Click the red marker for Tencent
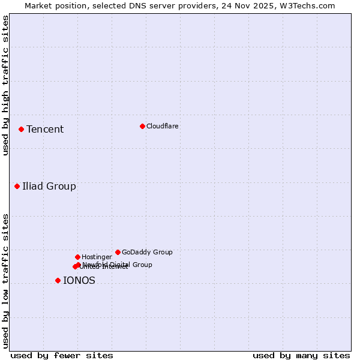click(21, 129)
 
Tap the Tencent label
click(45, 130)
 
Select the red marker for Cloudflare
click(142, 126)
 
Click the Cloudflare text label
click(162, 126)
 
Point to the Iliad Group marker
click(17, 186)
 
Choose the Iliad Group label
click(49, 186)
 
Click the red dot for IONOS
click(58, 280)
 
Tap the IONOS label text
click(79, 280)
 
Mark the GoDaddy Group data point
click(118, 252)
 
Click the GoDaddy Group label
click(147, 252)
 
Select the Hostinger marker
click(77, 257)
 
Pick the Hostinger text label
click(97, 257)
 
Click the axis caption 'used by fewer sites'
click(62, 355)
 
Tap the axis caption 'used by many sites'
click(301, 355)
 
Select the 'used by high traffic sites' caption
click(5, 85)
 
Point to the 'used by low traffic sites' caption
click(5, 280)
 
